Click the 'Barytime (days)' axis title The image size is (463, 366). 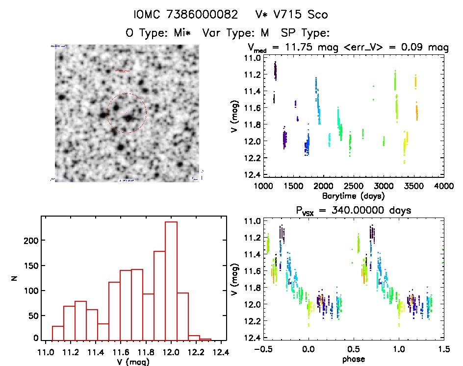pyautogui.click(x=353, y=195)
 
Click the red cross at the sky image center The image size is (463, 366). pyautogui.click(x=127, y=118)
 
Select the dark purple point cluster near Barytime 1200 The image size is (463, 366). pyautogui.click(x=275, y=71)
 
